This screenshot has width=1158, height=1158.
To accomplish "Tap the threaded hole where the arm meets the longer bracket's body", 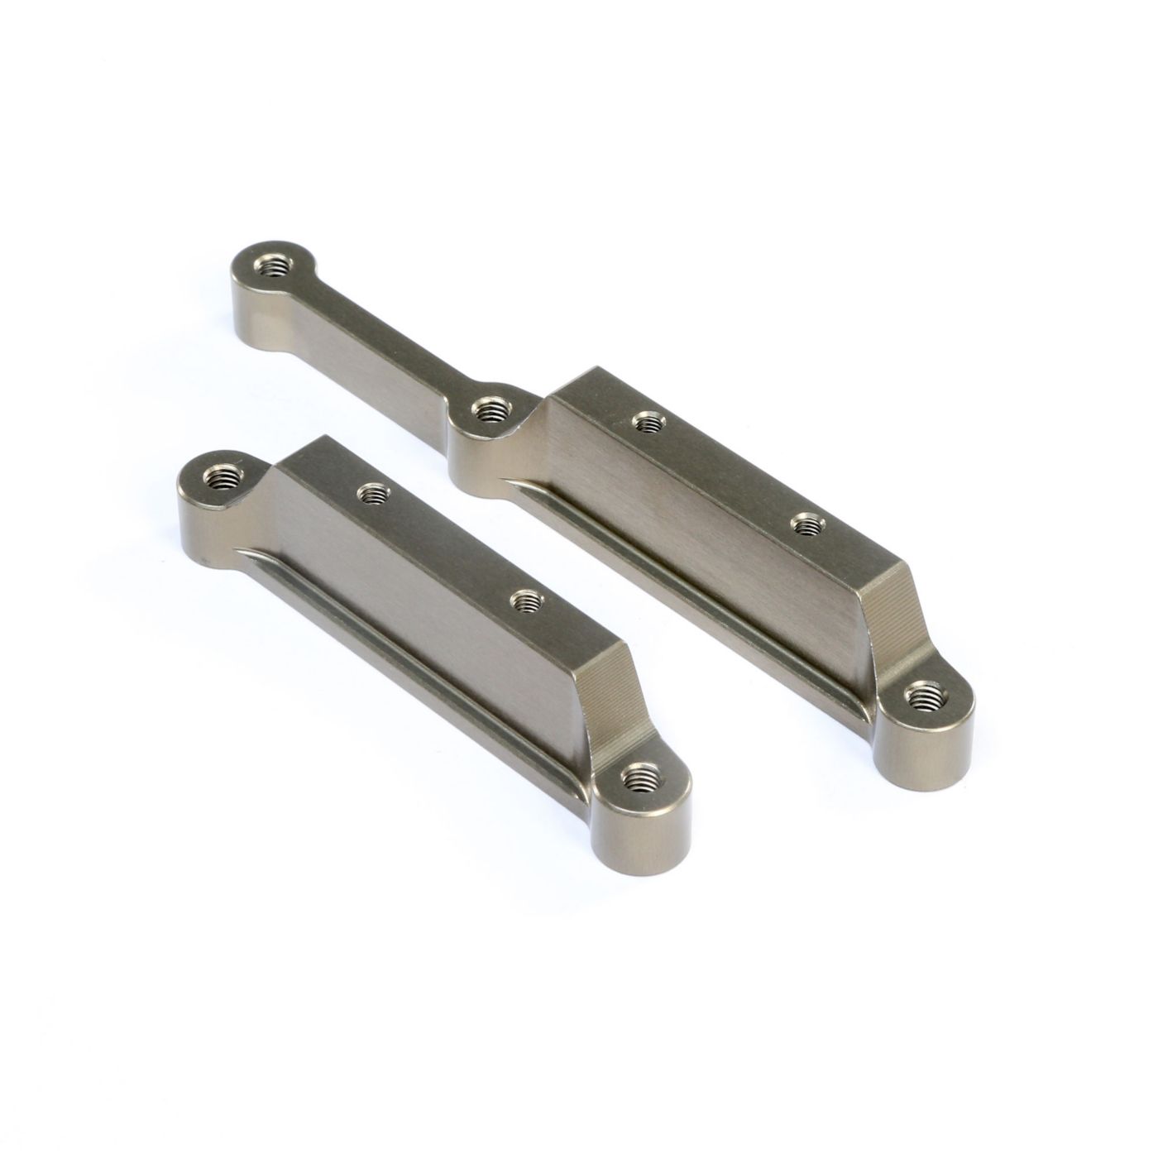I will [x=489, y=407].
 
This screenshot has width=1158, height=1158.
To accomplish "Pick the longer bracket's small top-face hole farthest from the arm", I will [x=803, y=524].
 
